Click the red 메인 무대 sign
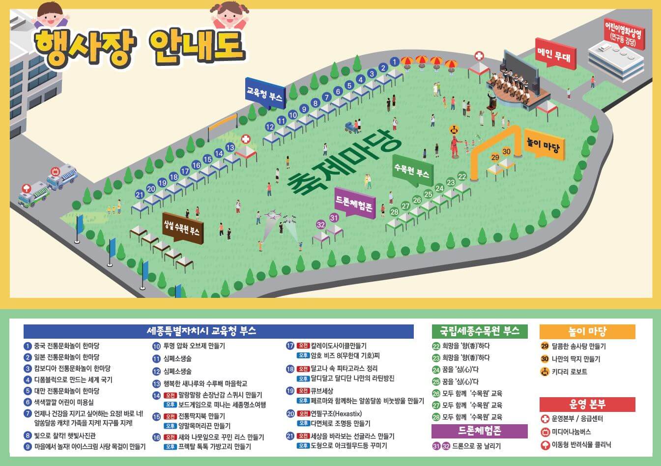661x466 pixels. click(554, 53)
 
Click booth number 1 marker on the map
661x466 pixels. click(394, 61)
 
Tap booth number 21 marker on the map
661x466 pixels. click(140, 195)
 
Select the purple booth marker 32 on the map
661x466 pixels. click(321, 225)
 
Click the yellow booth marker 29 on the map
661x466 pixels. click(495, 157)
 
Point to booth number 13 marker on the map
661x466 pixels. click(230, 147)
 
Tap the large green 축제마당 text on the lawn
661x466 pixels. click(344, 163)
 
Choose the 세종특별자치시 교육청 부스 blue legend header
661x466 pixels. click(218, 331)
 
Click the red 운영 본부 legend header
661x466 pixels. click(587, 404)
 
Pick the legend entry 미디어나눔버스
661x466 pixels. click(571, 432)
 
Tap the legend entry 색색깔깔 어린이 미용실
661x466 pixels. click(63, 402)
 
